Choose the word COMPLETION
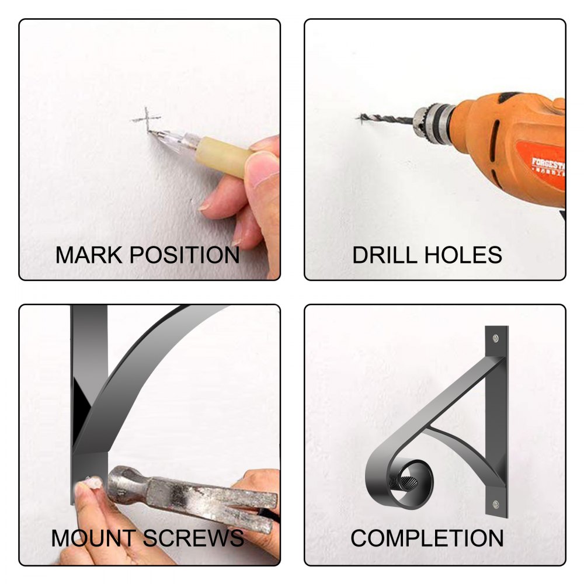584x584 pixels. pyautogui.click(x=427, y=538)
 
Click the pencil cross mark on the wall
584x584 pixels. pyautogui.click(x=147, y=119)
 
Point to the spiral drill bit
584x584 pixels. pyautogui.click(x=385, y=119)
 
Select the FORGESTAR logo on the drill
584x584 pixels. pyautogui.click(x=548, y=166)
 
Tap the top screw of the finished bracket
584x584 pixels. pyautogui.click(x=496, y=338)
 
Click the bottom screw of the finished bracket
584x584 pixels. pyautogui.click(x=496, y=505)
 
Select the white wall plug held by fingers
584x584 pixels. pyautogui.click(x=91, y=483)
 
